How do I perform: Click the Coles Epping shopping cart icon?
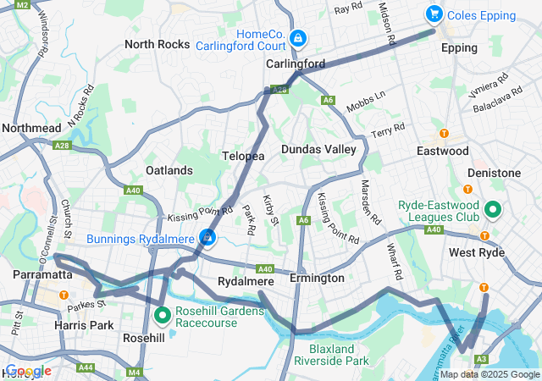tap(434, 14)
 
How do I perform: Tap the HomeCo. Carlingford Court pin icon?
tap(297, 38)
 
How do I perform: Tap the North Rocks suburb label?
tap(157, 44)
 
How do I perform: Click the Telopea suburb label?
tap(243, 157)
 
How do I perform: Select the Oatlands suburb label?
tap(169, 170)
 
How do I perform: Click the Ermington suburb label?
tap(317, 278)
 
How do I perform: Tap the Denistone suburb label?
tap(494, 173)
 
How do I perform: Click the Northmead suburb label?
tap(31, 128)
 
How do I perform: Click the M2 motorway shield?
tap(22, 4)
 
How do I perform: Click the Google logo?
tap(27, 371)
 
